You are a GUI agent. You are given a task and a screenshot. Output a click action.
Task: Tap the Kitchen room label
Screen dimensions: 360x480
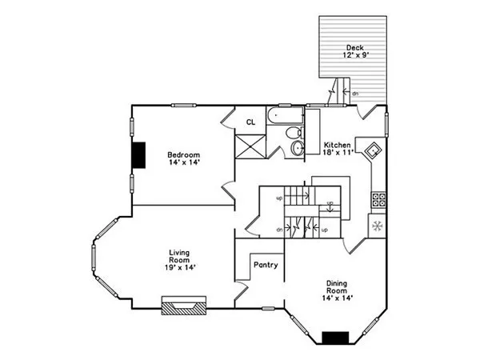pyautogui.click(x=337, y=146)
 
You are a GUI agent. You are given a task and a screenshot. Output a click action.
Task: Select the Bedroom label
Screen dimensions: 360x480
pyautogui.click(x=183, y=154)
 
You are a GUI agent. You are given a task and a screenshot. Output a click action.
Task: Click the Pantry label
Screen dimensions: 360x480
pyautogui.click(x=265, y=265)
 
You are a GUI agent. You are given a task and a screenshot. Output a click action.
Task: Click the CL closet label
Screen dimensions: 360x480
pyautogui.click(x=250, y=122)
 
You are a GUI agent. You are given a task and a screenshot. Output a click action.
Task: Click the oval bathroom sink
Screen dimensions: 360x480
pyautogui.click(x=298, y=149)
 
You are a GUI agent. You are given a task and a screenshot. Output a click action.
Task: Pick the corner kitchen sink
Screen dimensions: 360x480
pyautogui.click(x=372, y=150)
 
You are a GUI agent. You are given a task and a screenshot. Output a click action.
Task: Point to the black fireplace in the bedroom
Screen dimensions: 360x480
pyautogui.click(x=139, y=154)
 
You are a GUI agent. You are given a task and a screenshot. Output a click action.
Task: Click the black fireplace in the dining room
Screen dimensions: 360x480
pyautogui.click(x=335, y=338)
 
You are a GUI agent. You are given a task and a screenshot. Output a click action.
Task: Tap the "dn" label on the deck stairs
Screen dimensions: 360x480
pyautogui.click(x=355, y=94)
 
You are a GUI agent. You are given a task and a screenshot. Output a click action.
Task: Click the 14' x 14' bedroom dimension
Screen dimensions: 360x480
pyautogui.click(x=183, y=163)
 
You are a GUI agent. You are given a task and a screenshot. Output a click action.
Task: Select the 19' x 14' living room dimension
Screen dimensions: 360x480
pyautogui.click(x=179, y=267)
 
